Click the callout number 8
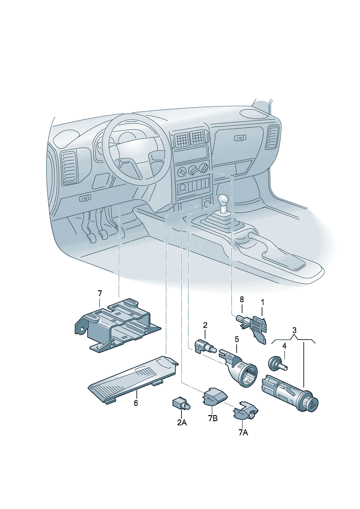242,300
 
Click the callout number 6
136,403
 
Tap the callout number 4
284,352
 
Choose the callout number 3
294,330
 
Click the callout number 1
262,302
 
